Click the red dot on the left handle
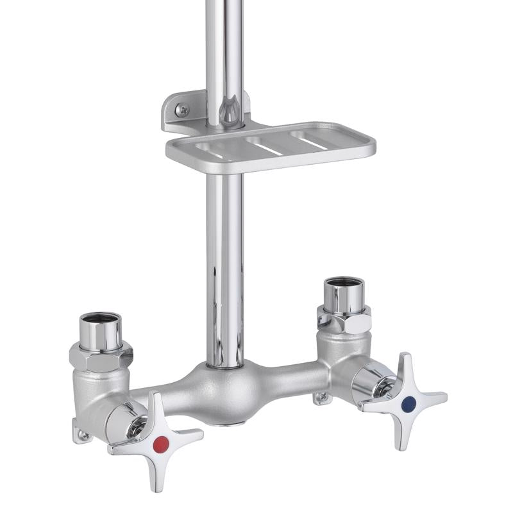pos(161,442)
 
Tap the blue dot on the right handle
pos(408,404)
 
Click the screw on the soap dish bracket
pos(182,110)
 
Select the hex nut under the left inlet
pos(101,356)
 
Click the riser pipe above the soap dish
pos(224,51)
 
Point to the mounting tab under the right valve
pos(323,399)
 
